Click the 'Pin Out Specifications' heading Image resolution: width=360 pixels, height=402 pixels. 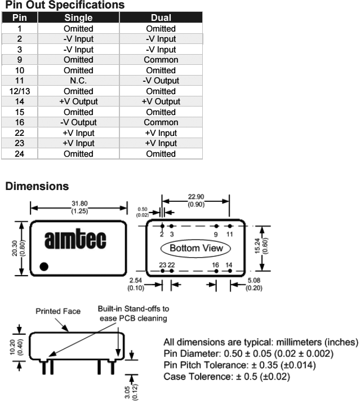point(64,5)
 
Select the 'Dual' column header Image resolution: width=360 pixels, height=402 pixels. point(161,17)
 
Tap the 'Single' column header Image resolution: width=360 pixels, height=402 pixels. point(78,17)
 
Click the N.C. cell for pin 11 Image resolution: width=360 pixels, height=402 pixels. point(78,81)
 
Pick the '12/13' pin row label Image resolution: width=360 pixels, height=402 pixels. point(20,91)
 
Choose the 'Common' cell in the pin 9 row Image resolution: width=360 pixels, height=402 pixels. point(161,60)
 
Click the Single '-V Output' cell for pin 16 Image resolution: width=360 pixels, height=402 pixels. point(78,122)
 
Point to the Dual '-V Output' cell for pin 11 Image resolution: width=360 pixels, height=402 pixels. point(161,81)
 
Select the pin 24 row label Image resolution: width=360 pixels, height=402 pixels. point(20,154)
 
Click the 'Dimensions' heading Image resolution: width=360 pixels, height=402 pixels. point(37,186)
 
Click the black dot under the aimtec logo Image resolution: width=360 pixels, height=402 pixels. point(44,266)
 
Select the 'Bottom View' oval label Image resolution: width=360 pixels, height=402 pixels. point(196,248)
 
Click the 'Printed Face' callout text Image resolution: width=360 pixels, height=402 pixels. point(58,311)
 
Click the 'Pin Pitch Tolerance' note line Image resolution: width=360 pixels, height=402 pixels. point(239,365)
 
